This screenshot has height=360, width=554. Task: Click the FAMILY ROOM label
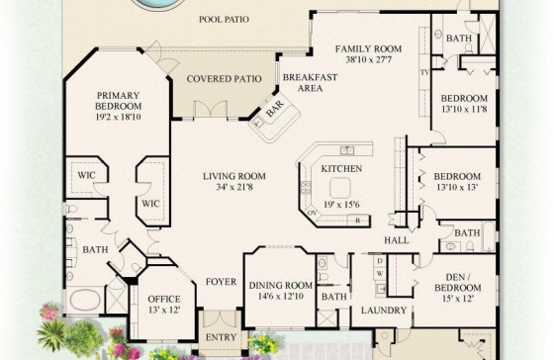tap(368, 48)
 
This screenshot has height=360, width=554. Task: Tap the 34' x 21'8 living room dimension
tap(234, 187)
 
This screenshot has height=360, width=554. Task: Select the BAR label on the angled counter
tap(275, 109)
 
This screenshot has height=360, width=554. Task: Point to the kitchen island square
tap(340, 188)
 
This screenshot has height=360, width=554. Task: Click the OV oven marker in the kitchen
tap(312, 213)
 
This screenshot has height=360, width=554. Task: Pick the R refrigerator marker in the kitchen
tap(357, 221)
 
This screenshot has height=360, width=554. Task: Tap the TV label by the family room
tap(424, 72)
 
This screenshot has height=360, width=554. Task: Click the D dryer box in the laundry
tap(380, 261)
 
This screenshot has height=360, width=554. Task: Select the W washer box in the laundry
tap(380, 273)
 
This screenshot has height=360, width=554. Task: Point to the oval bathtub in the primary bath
tap(85, 300)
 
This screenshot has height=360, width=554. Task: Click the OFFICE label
tap(164, 300)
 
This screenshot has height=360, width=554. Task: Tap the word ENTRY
tap(221, 337)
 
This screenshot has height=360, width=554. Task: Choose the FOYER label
tap(222, 282)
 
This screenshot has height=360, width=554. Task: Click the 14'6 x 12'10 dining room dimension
tap(281, 296)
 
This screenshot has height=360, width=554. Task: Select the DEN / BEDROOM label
tap(458, 282)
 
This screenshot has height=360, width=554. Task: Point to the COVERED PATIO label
tap(224, 79)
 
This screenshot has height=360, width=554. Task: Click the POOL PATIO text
tap(224, 19)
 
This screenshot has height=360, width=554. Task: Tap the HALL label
tap(397, 240)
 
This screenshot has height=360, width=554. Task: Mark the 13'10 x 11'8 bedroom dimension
tap(464, 109)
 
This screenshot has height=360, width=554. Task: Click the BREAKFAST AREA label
tap(310, 82)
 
